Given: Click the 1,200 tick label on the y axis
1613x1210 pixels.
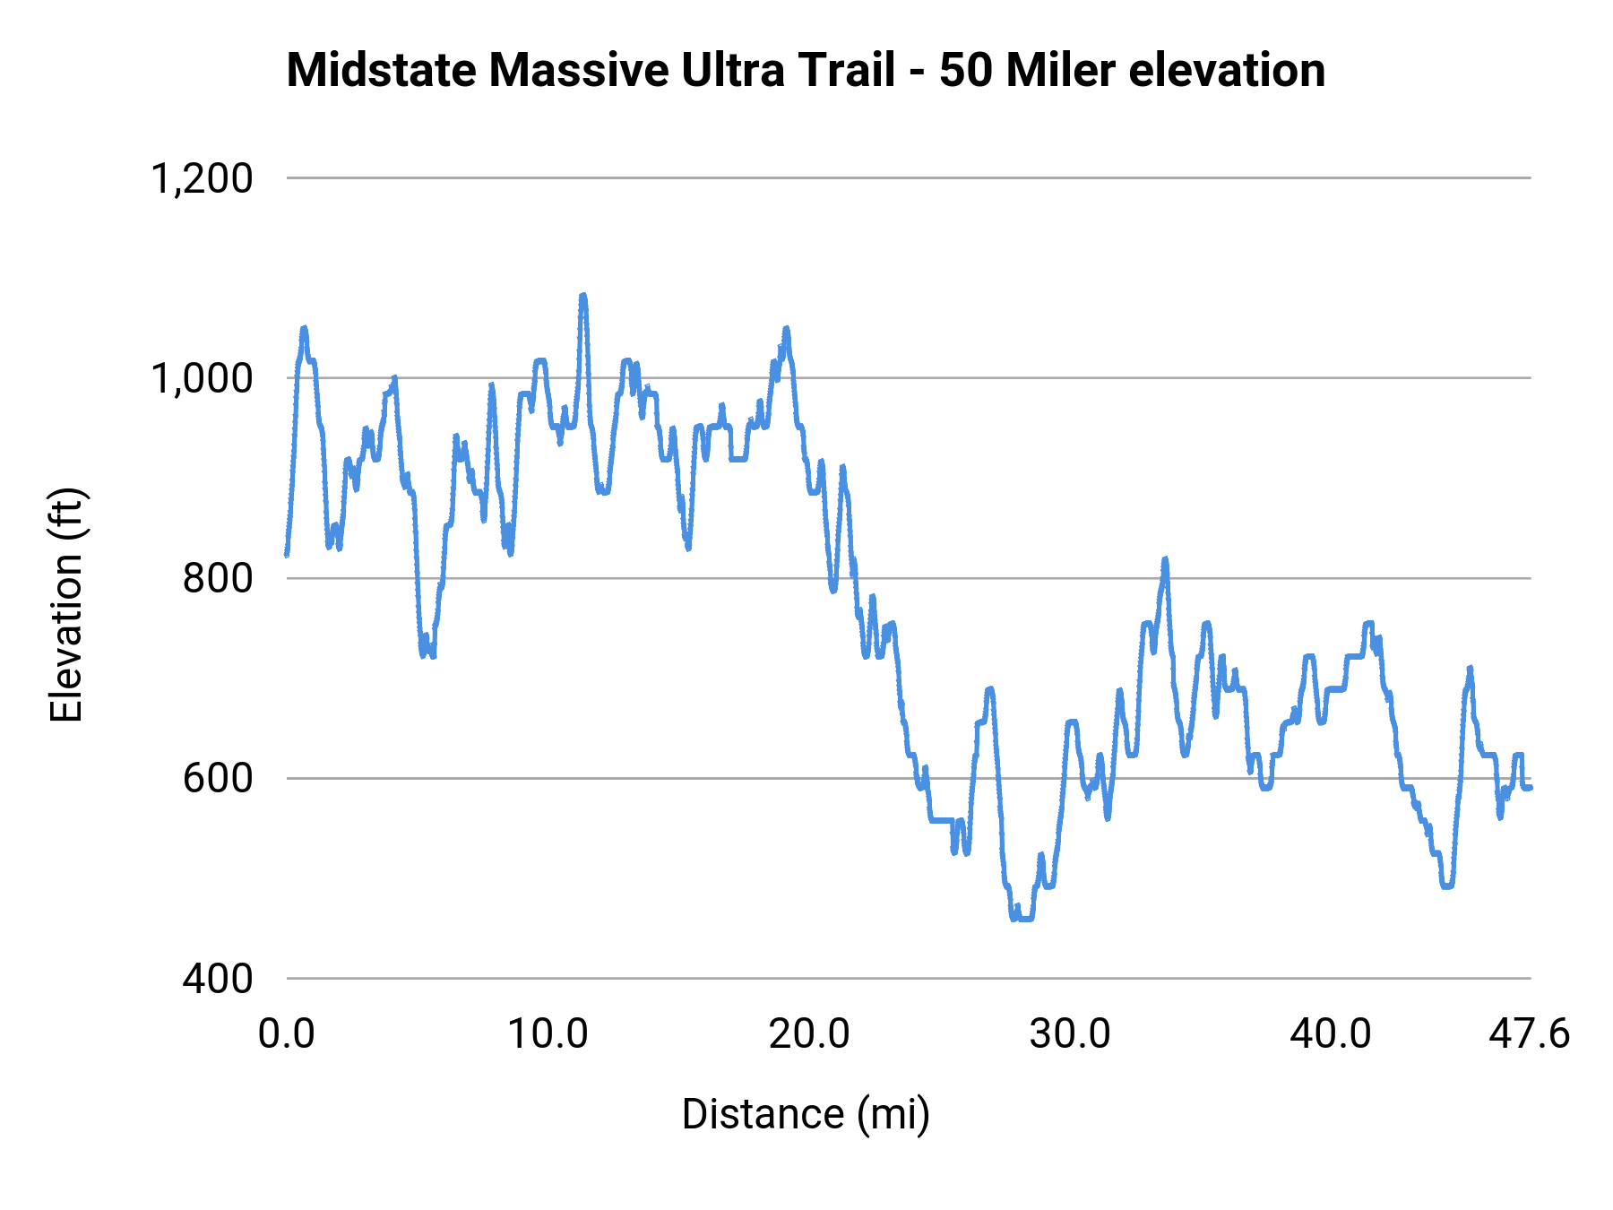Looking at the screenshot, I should (202, 178).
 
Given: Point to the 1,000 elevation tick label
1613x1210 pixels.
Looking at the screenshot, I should (202, 378).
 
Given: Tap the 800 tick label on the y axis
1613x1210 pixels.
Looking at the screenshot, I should (218, 578).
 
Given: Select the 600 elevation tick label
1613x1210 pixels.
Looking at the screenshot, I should (218, 778).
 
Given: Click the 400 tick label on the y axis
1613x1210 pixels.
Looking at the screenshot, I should (218, 978).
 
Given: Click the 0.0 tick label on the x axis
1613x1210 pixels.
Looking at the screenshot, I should (287, 1034).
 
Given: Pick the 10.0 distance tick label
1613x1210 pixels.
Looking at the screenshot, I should (548, 1034).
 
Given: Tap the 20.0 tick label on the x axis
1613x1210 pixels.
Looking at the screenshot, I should (809, 1034).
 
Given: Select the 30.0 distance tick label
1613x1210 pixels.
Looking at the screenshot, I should (1070, 1034).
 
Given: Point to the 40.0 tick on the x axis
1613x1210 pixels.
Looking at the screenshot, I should (1331, 1034).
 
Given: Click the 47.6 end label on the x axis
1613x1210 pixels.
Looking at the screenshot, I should (1530, 1034).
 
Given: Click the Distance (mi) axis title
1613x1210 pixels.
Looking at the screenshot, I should (806, 1114).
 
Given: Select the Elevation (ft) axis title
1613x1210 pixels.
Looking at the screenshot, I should (66, 605).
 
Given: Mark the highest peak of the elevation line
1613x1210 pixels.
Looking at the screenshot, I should (583, 295).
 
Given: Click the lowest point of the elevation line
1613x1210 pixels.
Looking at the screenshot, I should (1022, 919).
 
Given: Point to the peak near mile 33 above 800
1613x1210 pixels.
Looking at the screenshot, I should (1165, 559).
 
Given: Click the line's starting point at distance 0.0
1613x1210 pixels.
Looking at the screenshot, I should (287, 555).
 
